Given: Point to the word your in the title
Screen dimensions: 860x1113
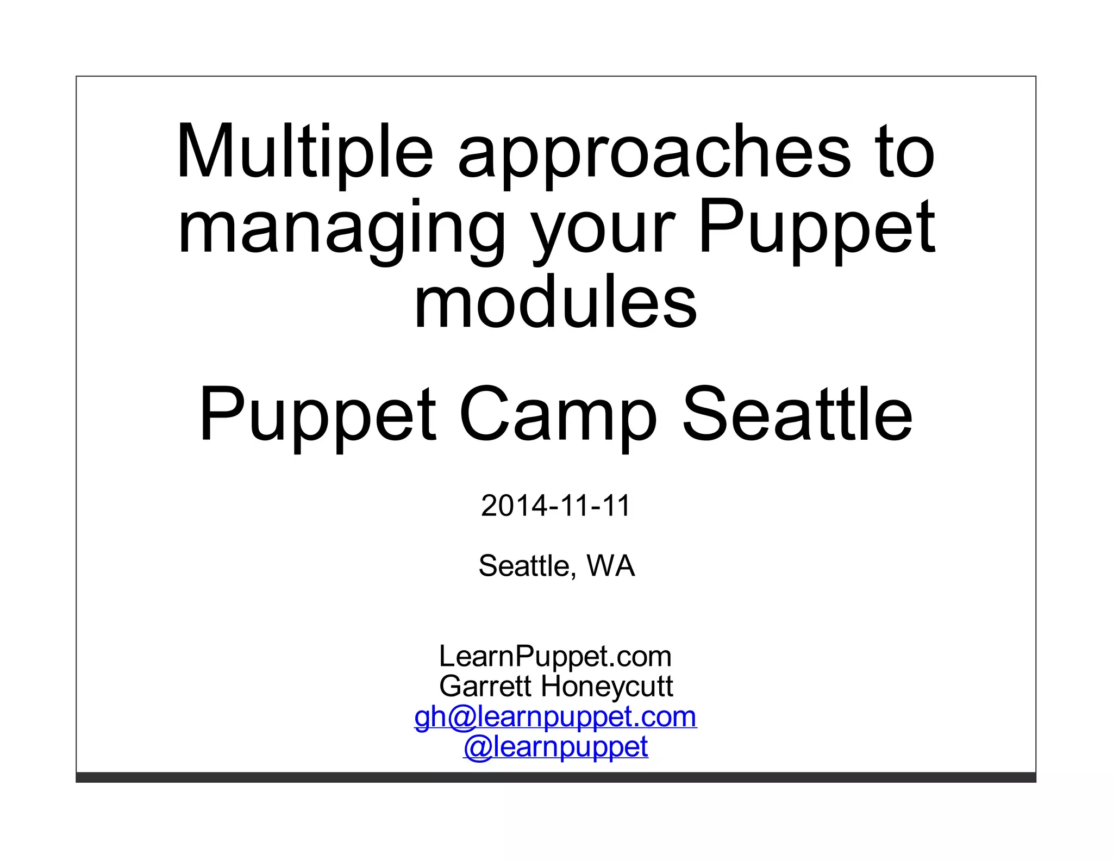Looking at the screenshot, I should pos(603,231).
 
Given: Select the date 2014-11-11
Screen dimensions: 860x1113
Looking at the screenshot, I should pos(555,506).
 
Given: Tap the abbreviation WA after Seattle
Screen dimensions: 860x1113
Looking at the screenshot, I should pos(611,566).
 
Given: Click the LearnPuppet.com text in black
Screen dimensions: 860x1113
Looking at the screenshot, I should pos(555,656).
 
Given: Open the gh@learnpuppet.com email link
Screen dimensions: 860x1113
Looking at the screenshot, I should pos(555,717).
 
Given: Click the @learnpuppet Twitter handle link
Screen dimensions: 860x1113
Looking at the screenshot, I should pos(555,747).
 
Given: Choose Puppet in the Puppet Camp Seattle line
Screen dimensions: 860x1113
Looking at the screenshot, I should pos(318,416).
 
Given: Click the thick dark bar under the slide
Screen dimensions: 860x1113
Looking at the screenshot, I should pos(555,777).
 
